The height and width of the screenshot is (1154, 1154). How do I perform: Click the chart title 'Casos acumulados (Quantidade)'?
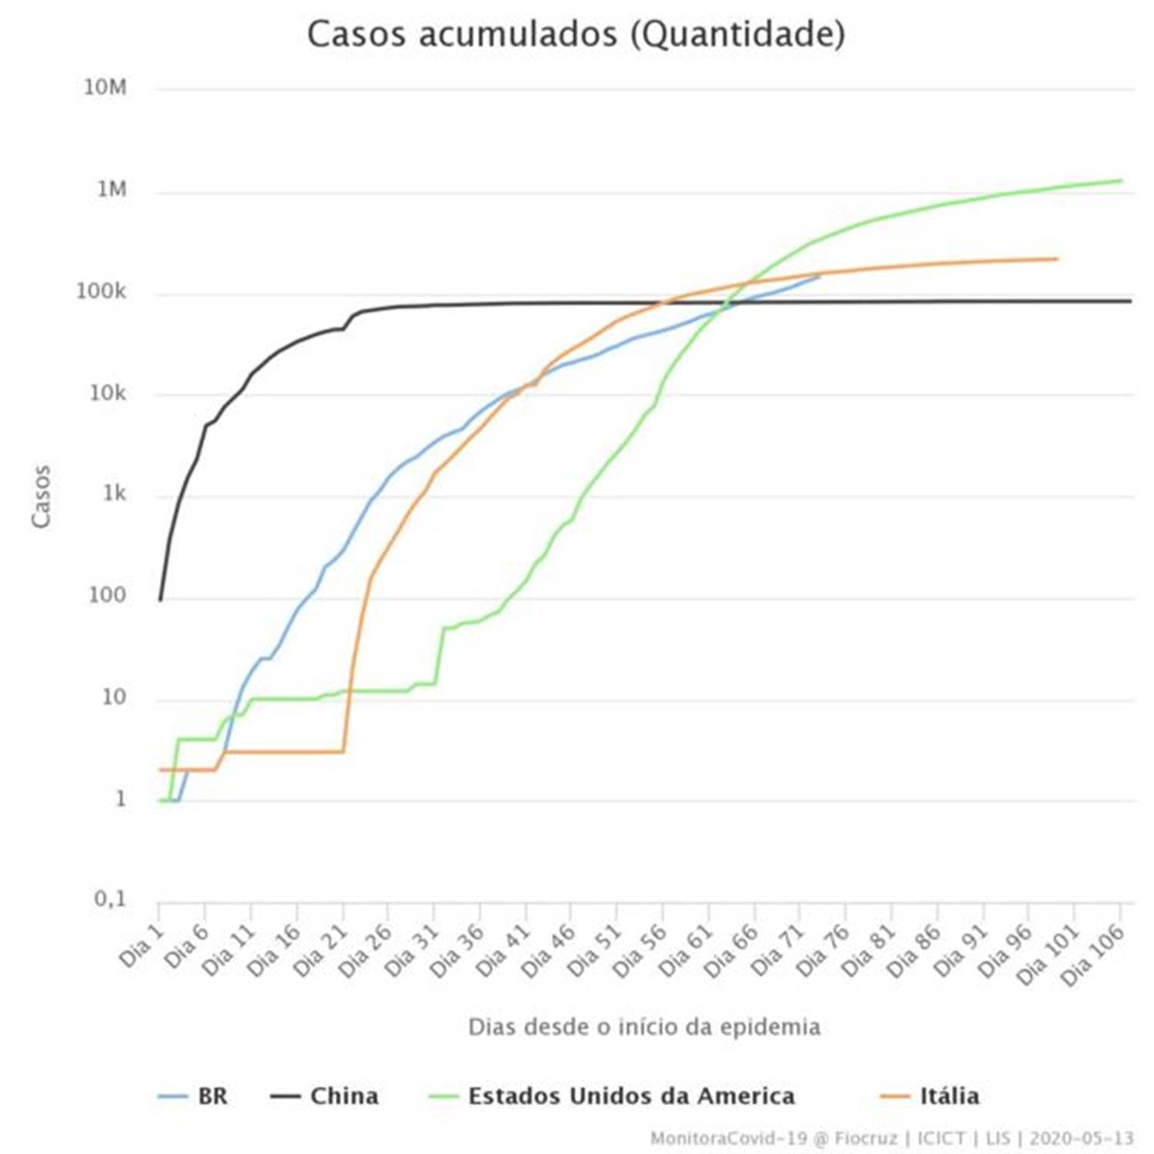[576, 35]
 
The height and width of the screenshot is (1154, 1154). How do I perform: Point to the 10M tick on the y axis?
[105, 88]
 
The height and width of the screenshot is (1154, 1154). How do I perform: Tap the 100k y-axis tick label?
[101, 292]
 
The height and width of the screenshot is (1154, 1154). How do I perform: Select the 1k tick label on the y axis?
[114, 494]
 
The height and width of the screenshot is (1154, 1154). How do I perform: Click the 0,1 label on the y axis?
[110, 899]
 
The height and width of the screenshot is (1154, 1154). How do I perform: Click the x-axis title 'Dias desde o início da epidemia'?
[644, 1026]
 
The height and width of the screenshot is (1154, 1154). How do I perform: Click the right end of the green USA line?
[1122, 181]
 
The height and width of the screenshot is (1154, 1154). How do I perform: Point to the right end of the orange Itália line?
[1057, 259]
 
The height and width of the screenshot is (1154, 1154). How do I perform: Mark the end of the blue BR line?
[819, 275]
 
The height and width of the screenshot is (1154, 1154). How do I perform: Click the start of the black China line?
[160, 599]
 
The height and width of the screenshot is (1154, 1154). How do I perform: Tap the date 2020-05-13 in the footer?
[1081, 1138]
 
